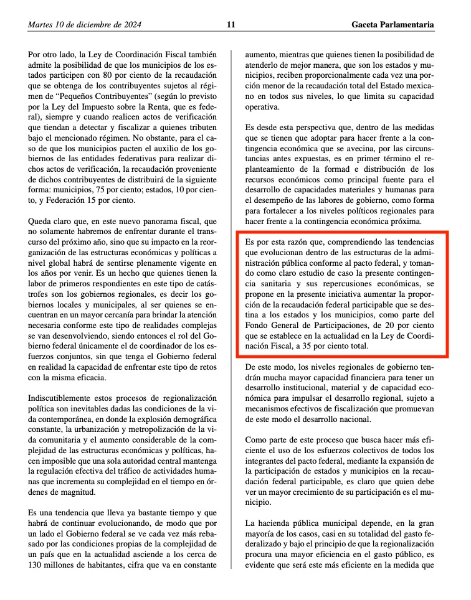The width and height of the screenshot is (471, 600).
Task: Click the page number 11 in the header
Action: point(231,25)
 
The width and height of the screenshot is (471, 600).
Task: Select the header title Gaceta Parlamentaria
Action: point(392,25)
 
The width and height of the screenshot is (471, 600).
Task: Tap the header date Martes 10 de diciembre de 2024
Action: point(84,25)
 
